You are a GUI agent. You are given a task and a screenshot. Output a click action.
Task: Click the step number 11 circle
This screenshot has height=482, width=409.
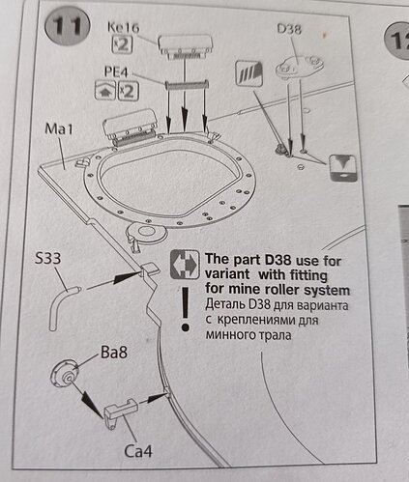(67, 26)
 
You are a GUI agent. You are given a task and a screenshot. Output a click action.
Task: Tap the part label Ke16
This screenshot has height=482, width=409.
(124, 27)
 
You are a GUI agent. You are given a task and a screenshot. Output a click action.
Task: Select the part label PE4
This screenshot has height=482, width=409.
(116, 71)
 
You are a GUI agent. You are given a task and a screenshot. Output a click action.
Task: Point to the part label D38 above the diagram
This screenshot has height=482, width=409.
(289, 29)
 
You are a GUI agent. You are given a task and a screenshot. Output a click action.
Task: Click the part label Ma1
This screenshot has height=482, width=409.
(59, 128)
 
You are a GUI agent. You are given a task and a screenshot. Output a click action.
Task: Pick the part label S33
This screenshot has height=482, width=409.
(47, 258)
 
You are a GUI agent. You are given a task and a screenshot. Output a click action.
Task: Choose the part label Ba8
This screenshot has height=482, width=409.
(114, 353)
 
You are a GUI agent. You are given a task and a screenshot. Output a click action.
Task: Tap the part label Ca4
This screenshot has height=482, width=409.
(138, 451)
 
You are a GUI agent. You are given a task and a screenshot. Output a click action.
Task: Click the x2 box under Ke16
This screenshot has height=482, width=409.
(122, 44)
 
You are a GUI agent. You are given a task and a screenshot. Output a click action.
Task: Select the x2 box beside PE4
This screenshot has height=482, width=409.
(129, 91)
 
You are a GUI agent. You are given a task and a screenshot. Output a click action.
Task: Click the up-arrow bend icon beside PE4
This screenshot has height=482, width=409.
(105, 91)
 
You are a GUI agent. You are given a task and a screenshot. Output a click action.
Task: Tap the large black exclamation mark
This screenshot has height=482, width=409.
(185, 309)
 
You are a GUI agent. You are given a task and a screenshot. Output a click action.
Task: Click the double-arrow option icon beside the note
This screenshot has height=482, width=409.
(185, 265)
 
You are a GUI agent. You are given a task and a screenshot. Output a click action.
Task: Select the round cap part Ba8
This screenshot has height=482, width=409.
(65, 375)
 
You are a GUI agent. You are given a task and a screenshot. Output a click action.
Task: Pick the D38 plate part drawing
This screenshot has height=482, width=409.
(299, 67)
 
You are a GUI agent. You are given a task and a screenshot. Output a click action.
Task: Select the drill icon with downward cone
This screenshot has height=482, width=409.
(343, 168)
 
